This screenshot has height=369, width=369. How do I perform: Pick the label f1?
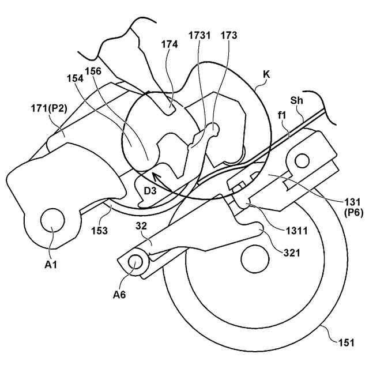point(283,115)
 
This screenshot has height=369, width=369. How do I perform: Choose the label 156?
point(93,71)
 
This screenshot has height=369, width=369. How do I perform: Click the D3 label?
point(150,190)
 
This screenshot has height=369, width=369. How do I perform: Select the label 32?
point(141,226)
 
